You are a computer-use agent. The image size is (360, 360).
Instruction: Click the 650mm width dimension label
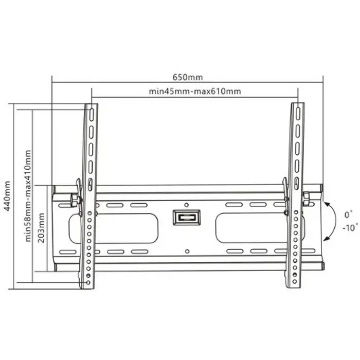point(187,77)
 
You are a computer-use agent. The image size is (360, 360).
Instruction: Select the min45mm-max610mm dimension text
point(194,92)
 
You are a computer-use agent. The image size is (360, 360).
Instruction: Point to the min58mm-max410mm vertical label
point(28,195)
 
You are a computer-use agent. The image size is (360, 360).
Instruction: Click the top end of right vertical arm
point(297,105)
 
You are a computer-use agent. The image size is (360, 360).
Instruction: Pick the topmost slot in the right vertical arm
point(297,114)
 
